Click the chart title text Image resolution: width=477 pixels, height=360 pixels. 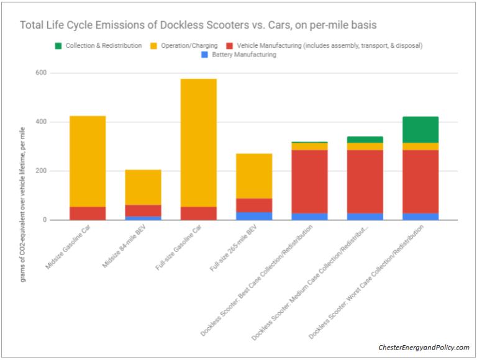(198, 25)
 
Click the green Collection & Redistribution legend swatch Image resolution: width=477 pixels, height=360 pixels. (58, 45)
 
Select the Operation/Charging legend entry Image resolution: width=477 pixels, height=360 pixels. (188, 45)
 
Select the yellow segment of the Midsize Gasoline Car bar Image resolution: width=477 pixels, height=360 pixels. (87, 161)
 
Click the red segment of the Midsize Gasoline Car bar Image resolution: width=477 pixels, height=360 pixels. (87, 214)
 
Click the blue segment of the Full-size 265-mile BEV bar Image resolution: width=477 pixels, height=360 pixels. (253, 216)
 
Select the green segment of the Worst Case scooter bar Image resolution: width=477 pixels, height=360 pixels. (420, 130)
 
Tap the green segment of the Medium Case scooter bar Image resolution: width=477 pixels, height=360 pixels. (365, 140)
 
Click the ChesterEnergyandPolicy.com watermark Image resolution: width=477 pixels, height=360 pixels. (424, 348)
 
